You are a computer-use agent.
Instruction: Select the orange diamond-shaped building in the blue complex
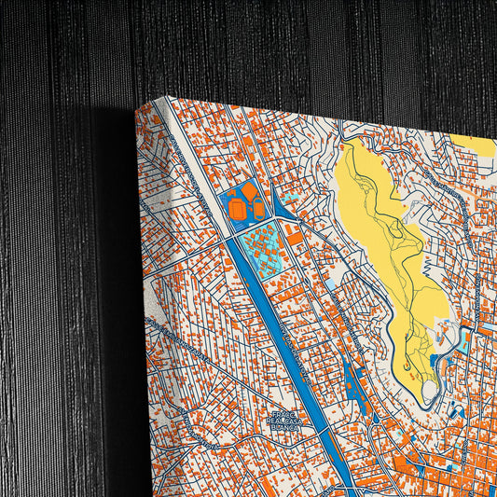(x=250, y=193)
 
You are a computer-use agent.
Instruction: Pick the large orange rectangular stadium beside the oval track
(x=258, y=211)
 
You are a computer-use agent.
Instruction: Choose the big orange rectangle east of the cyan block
(x=295, y=238)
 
